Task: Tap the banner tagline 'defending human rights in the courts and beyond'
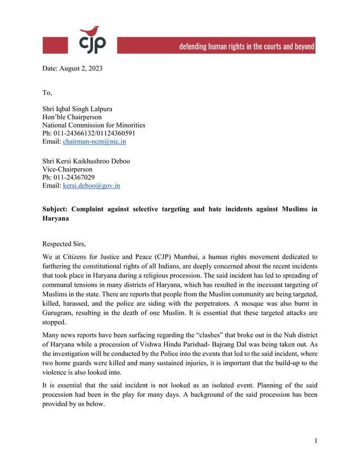pyautogui.click(x=247, y=46)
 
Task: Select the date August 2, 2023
pyautogui.click(x=73, y=69)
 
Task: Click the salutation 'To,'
pyautogui.click(x=47, y=93)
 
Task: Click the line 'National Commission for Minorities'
pyautogui.click(x=94, y=125)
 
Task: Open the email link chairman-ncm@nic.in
pyautogui.click(x=94, y=142)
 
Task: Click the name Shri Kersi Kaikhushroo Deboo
pyautogui.click(x=86, y=161)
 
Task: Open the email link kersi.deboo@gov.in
pyautogui.click(x=91, y=186)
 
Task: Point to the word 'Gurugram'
pyautogui.click(x=58, y=312)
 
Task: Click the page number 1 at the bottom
pyautogui.click(x=316, y=441)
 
